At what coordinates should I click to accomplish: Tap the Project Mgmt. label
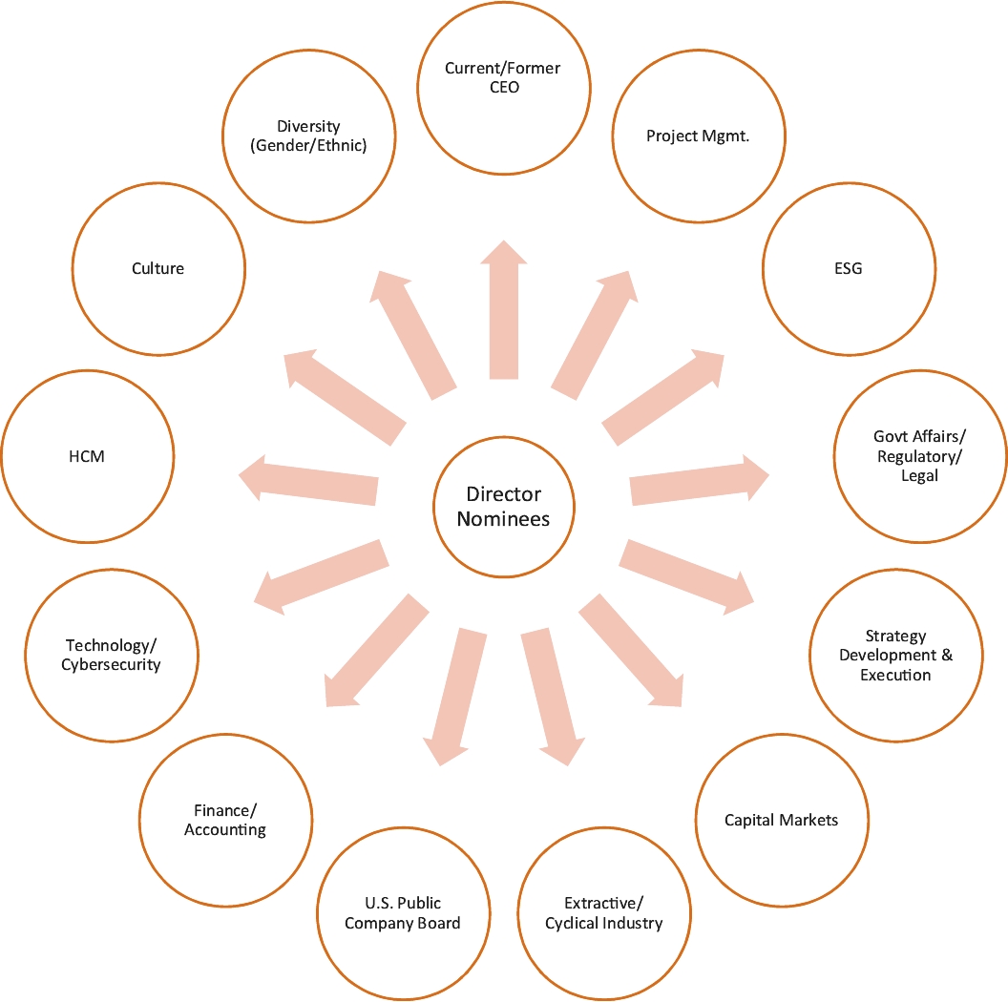[698, 136]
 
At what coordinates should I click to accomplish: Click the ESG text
[848, 268]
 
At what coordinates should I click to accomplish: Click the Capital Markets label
[781, 820]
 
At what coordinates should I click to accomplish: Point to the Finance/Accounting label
[225, 820]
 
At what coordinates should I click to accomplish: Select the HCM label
[88, 456]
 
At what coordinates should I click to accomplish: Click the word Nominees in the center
[503, 519]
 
